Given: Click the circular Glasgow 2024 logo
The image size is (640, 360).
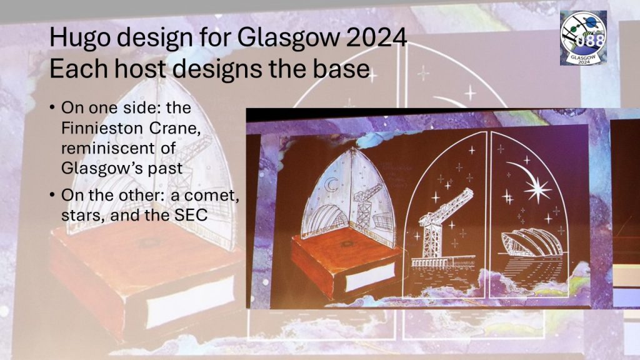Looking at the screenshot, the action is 584,38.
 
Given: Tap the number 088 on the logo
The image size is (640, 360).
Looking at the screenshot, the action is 591,41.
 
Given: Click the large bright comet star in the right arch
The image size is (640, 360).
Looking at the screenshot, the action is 536,189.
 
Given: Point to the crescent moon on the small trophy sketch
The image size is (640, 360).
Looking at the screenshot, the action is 331,185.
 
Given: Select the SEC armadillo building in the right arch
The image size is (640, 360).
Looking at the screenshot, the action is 531,243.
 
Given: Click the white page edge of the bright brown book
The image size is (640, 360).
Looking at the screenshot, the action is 370,277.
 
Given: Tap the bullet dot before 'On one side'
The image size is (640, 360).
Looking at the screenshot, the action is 52,108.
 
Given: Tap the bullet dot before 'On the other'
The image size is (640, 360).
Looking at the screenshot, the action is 52,195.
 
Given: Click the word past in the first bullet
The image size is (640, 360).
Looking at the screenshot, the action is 165,168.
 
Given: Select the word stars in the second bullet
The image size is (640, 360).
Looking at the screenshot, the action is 81,216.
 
